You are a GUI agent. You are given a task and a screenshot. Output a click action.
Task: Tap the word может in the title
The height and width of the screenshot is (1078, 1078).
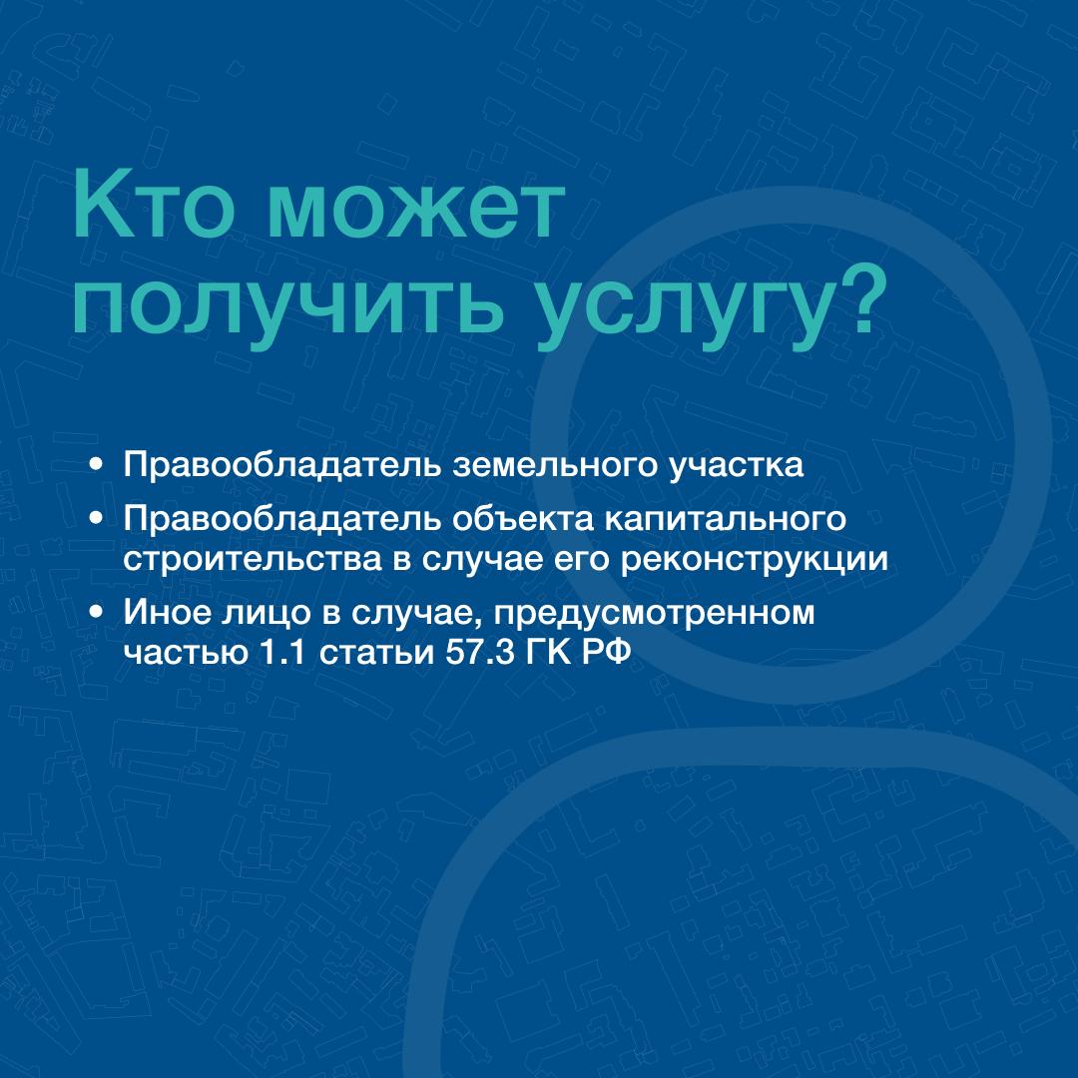click(x=416, y=209)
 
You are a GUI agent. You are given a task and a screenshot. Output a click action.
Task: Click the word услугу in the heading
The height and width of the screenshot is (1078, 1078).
click(x=685, y=308)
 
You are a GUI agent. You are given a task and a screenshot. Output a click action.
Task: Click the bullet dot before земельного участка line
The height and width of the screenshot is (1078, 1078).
click(x=96, y=465)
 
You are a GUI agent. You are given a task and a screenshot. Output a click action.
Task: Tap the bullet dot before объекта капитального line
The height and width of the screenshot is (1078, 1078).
click(x=96, y=519)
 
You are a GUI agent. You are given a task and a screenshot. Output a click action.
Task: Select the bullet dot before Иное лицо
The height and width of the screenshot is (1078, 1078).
click(x=96, y=611)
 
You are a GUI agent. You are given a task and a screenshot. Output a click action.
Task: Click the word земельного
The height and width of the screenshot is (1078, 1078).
click(x=555, y=465)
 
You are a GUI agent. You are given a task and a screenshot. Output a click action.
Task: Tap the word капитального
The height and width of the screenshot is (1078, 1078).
click(x=726, y=520)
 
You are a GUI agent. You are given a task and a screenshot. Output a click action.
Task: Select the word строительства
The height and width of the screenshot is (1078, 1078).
click(x=253, y=560)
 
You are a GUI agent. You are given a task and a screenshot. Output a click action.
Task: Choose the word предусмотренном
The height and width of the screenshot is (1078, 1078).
click(x=654, y=614)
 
